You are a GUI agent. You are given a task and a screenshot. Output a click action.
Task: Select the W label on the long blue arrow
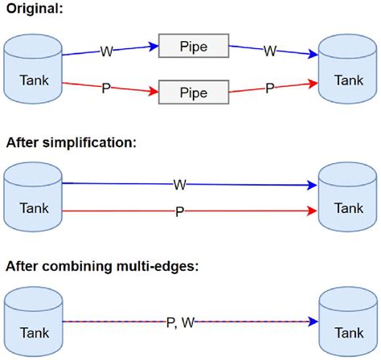[179, 185]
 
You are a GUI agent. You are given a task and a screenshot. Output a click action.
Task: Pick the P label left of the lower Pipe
[105, 88]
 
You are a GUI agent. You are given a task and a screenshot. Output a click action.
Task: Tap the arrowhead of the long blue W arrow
[313, 185]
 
